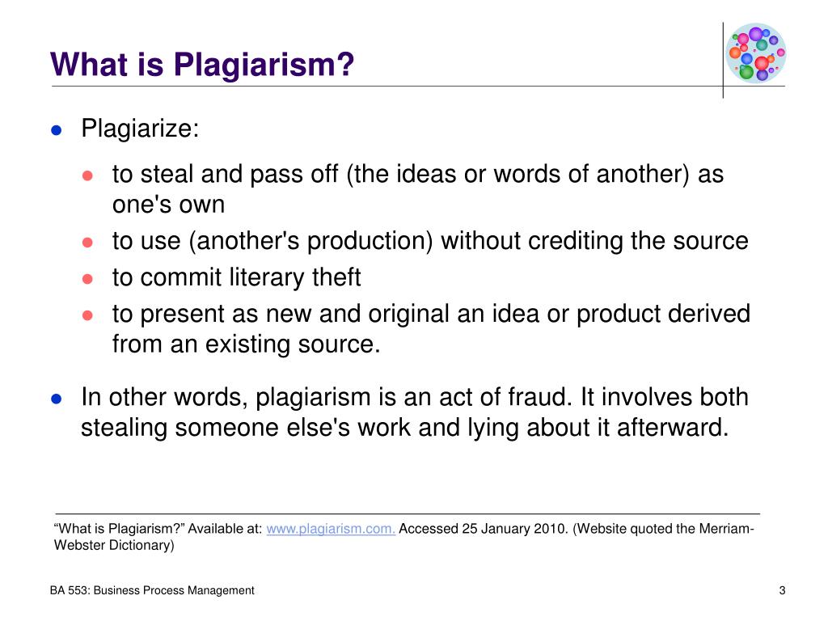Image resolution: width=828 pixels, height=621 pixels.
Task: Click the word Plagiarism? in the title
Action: click(x=264, y=65)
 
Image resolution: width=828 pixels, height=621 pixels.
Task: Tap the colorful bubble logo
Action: click(x=756, y=53)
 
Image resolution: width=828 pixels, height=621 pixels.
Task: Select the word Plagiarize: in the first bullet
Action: click(x=140, y=129)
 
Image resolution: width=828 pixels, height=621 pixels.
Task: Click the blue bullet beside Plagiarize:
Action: click(x=57, y=130)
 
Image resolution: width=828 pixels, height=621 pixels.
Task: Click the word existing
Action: click(x=247, y=344)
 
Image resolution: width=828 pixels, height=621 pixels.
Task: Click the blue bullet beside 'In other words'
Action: click(x=57, y=399)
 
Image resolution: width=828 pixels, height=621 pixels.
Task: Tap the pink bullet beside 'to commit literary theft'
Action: click(x=87, y=279)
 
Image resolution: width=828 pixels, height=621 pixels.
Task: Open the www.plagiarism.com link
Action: click(x=331, y=529)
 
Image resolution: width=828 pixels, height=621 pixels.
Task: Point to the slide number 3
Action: click(x=782, y=590)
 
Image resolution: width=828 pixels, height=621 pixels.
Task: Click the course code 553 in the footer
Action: click(x=78, y=590)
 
